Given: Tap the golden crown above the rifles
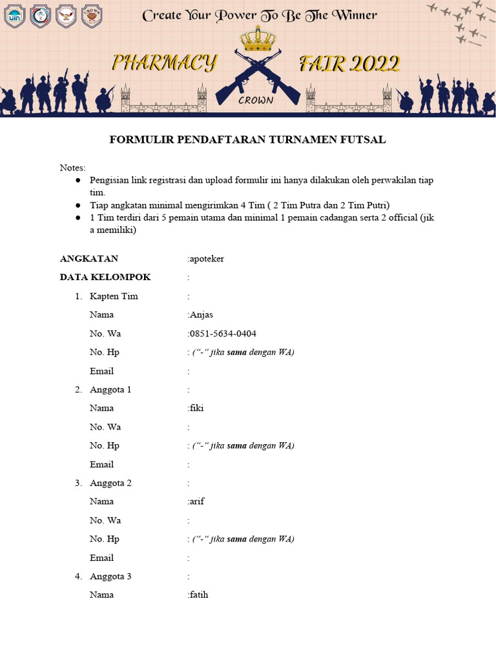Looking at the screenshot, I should (x=258, y=39).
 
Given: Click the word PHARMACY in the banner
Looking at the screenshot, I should (x=165, y=63).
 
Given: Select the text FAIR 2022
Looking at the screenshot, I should (x=349, y=63).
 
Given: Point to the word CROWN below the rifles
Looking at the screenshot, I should (x=256, y=100).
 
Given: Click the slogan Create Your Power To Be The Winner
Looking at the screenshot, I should (x=260, y=15).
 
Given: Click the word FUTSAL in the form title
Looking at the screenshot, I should (x=363, y=140).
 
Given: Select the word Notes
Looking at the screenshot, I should (x=72, y=168).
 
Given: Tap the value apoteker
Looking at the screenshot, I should (x=207, y=259).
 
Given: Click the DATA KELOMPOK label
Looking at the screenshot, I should (x=105, y=277).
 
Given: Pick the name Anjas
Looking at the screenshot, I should (x=201, y=315).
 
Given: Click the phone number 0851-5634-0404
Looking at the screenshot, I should (x=223, y=334).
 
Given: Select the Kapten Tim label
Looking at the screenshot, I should (x=114, y=296).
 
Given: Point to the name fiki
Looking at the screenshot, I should (x=196, y=408).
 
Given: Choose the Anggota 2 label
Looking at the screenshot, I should (x=110, y=483).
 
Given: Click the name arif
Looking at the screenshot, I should (x=196, y=502).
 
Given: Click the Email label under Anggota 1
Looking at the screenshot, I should (x=101, y=464).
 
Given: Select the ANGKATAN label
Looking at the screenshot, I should (x=89, y=259).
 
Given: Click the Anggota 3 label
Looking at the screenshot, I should (x=110, y=576).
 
